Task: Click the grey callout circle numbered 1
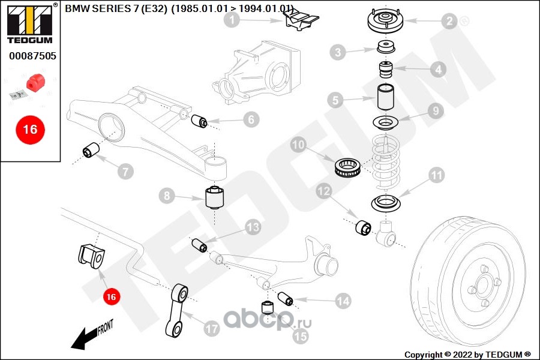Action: [233, 21]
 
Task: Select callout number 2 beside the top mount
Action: [449, 22]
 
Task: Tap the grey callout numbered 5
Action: [335, 100]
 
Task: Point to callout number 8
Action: [167, 196]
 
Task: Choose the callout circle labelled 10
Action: [299, 145]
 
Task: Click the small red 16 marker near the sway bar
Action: [110, 296]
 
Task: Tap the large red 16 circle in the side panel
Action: [29, 129]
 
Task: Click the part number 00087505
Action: [32, 56]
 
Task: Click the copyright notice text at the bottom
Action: [467, 355]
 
